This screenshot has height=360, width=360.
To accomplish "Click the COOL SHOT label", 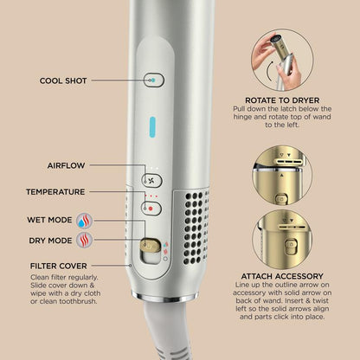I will click(x=62, y=80).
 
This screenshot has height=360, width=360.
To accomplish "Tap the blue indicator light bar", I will click(x=152, y=125).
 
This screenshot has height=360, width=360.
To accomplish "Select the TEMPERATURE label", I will click(x=55, y=191).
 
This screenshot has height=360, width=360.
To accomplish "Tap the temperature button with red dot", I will click(x=152, y=208).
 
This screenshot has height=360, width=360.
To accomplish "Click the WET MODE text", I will click(x=48, y=220).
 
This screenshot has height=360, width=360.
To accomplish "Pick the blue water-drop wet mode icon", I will click(x=86, y=220).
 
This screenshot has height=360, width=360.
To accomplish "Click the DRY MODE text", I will click(x=48, y=241).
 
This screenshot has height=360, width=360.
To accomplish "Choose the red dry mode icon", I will click(x=86, y=241).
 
